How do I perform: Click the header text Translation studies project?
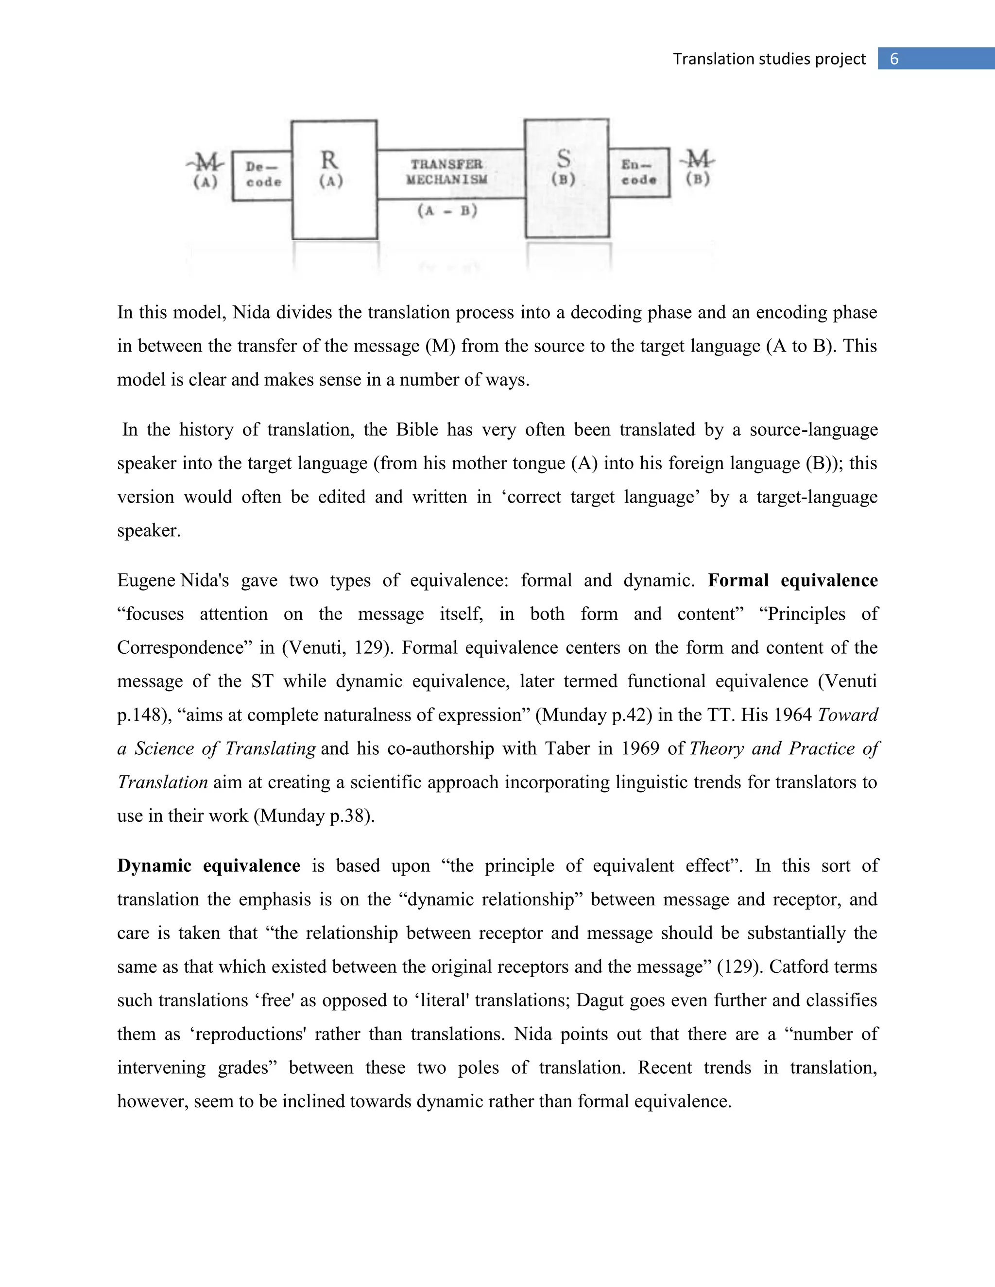coord(769,59)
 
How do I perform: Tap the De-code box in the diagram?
coord(263,175)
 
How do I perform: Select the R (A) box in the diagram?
coord(334,180)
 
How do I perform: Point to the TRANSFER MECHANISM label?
coord(447,171)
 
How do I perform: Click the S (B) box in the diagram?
coord(566,177)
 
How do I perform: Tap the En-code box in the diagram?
coord(639,172)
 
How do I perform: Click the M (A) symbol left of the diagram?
coord(205,169)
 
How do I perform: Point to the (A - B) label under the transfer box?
coord(447,210)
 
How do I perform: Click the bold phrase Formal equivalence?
coord(792,580)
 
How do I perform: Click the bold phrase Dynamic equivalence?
coord(208,865)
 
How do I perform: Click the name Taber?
coord(567,748)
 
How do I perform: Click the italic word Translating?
coord(271,748)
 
